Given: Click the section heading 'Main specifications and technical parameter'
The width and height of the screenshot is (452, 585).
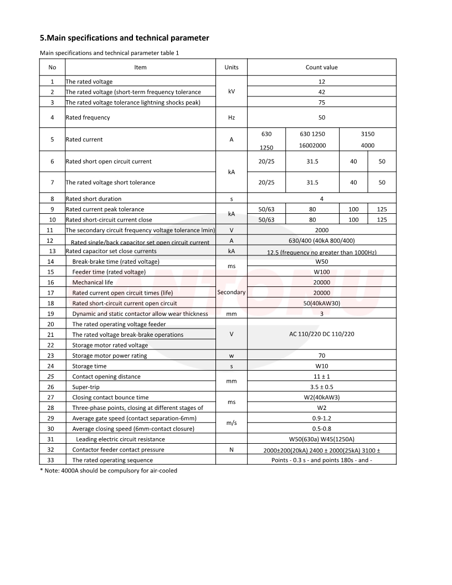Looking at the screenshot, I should pos(125,38).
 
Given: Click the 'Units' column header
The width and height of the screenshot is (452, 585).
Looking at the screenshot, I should pos(232,67).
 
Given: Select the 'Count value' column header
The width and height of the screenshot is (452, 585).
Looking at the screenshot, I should pos(321,67).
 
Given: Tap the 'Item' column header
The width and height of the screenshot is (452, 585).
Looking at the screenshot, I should pos(141,67).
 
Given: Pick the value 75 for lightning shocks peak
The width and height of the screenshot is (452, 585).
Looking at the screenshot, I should pos(321,102).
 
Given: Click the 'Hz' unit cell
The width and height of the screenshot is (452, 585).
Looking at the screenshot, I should pos(232,117).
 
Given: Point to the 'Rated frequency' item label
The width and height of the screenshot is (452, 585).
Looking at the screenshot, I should pos(88,117).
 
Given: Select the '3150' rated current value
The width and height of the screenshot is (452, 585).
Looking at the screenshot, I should pos(367,134).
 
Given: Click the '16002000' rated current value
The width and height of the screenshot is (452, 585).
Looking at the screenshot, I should pos(312,145).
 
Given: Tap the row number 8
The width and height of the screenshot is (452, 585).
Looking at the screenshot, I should pos(52,198).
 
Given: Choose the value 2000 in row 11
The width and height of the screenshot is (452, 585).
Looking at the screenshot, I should pos(321,230).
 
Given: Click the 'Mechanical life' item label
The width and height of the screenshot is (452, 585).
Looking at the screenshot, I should pos(93,282).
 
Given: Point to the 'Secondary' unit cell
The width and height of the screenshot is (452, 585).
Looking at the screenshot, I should pos(231,292).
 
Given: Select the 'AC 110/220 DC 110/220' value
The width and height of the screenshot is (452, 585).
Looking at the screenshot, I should pos(321,334).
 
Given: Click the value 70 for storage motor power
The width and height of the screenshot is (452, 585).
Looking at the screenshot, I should pos(321,356).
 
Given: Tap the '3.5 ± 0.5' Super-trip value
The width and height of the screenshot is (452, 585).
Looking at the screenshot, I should pos(321,387).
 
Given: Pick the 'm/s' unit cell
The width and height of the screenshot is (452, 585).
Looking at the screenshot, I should pos(232,423).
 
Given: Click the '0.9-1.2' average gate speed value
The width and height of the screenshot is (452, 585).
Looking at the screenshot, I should pos(321,418).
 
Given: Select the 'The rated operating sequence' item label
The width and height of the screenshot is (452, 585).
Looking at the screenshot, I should pos(112,460).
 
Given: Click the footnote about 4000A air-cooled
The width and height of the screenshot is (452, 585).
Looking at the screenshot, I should pos(109,470).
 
